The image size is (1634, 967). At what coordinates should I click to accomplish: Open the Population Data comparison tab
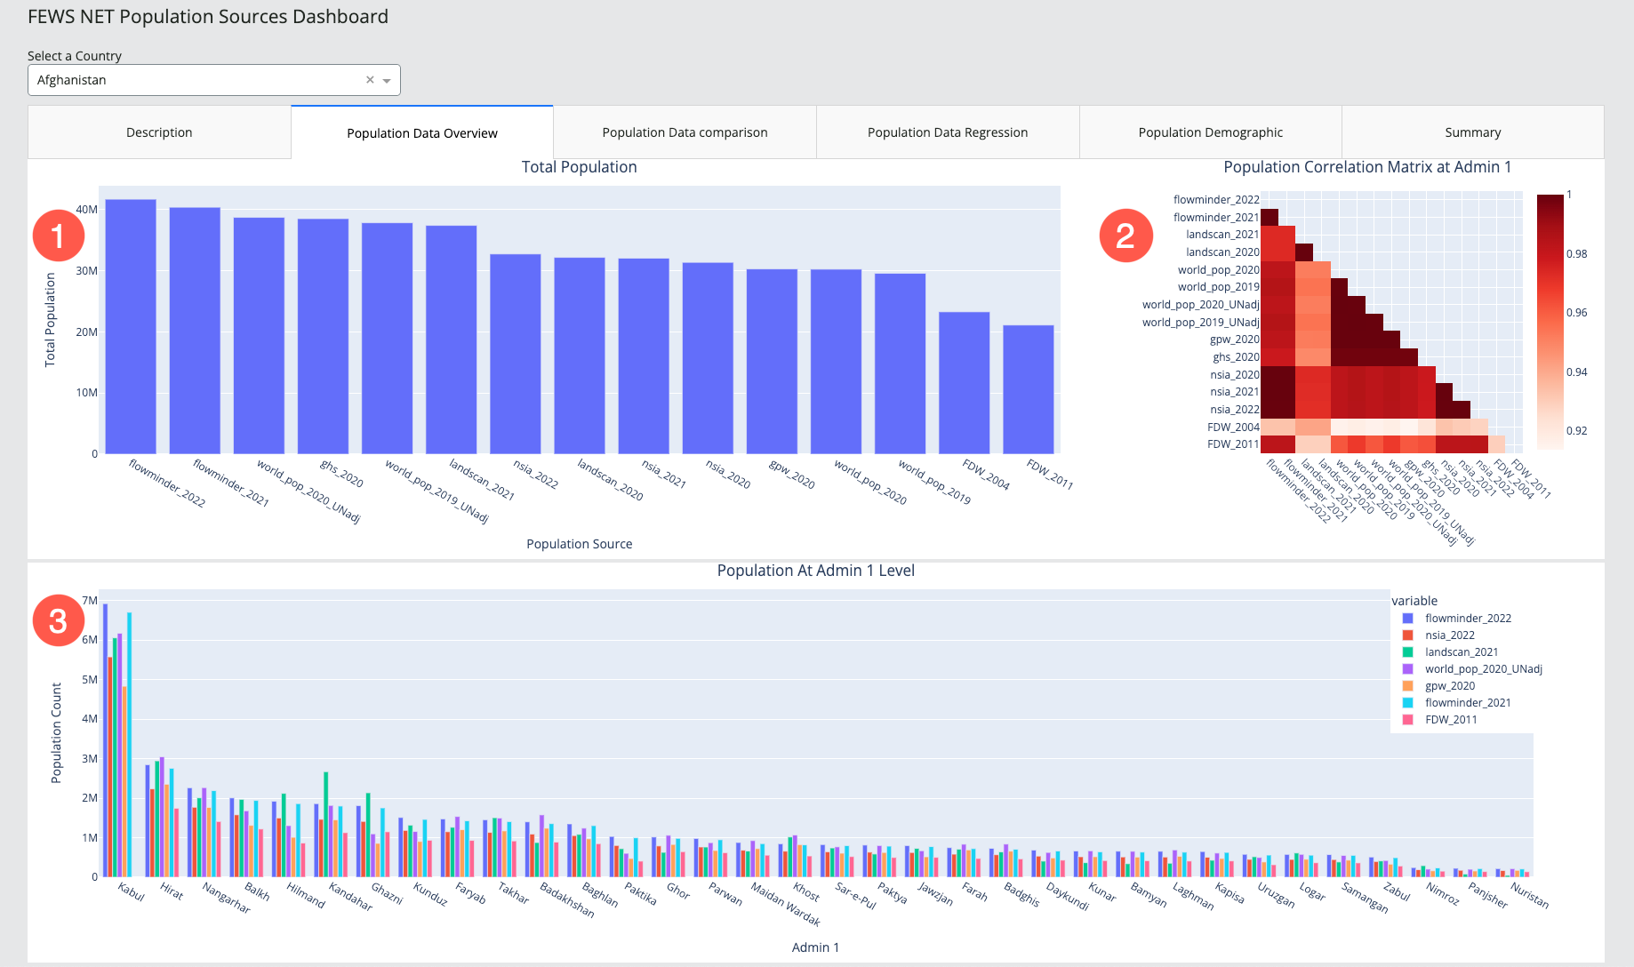tap(685, 132)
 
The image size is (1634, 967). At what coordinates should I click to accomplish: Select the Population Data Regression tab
tap(947, 132)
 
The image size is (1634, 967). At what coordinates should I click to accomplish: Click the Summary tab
tap(1472, 132)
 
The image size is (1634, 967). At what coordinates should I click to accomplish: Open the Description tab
tap(159, 132)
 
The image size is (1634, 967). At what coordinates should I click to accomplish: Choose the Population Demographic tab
tap(1210, 132)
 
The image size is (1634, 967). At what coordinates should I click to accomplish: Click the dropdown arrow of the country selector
tap(387, 81)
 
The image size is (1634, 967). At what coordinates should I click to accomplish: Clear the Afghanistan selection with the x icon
tap(370, 80)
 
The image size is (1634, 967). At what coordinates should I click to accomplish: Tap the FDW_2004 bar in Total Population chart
tap(964, 382)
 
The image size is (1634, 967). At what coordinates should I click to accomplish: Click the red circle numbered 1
tap(59, 236)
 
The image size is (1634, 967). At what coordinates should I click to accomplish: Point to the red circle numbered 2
tap(1125, 236)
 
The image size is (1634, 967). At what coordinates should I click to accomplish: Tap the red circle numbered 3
tap(59, 620)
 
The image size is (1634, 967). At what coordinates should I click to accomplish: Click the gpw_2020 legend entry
tap(1449, 686)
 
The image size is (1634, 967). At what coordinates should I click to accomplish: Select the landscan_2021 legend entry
tap(1461, 652)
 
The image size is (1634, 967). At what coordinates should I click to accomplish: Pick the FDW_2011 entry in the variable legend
tap(1450, 720)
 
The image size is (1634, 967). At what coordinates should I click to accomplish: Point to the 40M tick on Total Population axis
tap(87, 210)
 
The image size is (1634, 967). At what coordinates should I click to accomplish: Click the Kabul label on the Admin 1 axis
tap(131, 891)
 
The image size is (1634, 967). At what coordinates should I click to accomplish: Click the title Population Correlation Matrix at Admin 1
tap(1367, 167)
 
